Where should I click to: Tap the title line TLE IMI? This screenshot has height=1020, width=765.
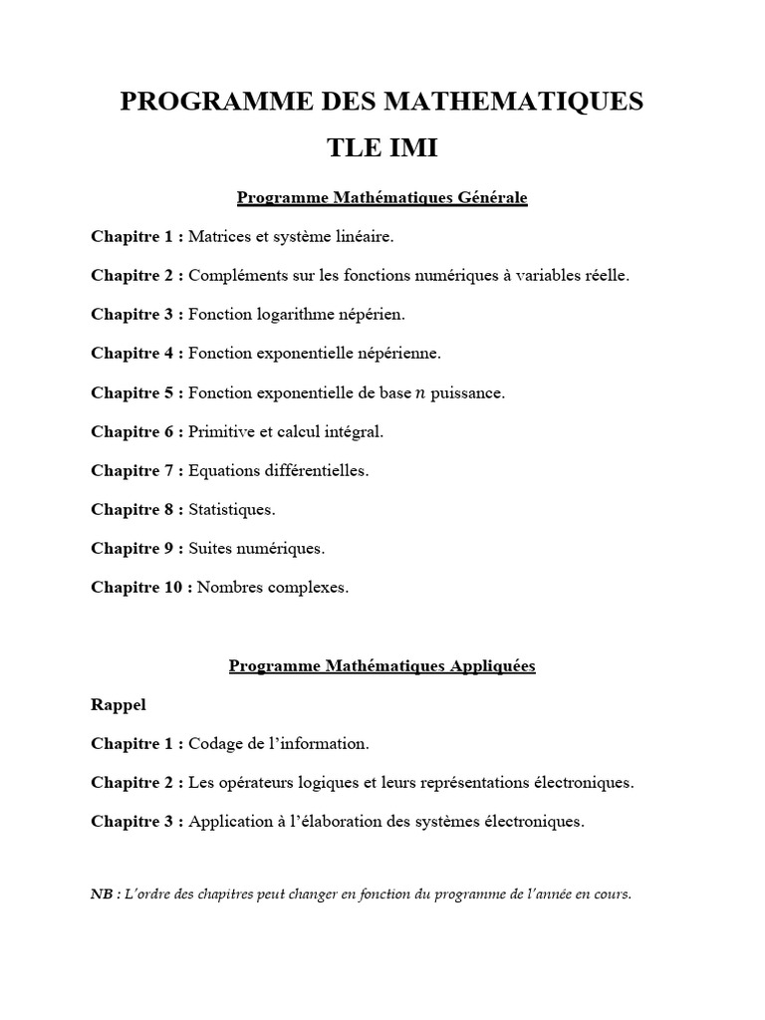point(382,148)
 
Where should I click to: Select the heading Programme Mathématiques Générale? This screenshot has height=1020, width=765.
point(382,197)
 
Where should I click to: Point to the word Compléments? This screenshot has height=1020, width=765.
point(232,275)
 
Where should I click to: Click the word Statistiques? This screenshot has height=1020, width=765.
point(231,509)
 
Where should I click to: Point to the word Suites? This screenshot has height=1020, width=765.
point(208,548)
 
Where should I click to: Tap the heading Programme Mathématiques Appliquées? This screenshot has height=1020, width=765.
point(382,665)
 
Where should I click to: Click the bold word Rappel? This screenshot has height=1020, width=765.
point(119,704)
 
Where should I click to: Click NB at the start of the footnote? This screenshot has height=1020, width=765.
point(102,894)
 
